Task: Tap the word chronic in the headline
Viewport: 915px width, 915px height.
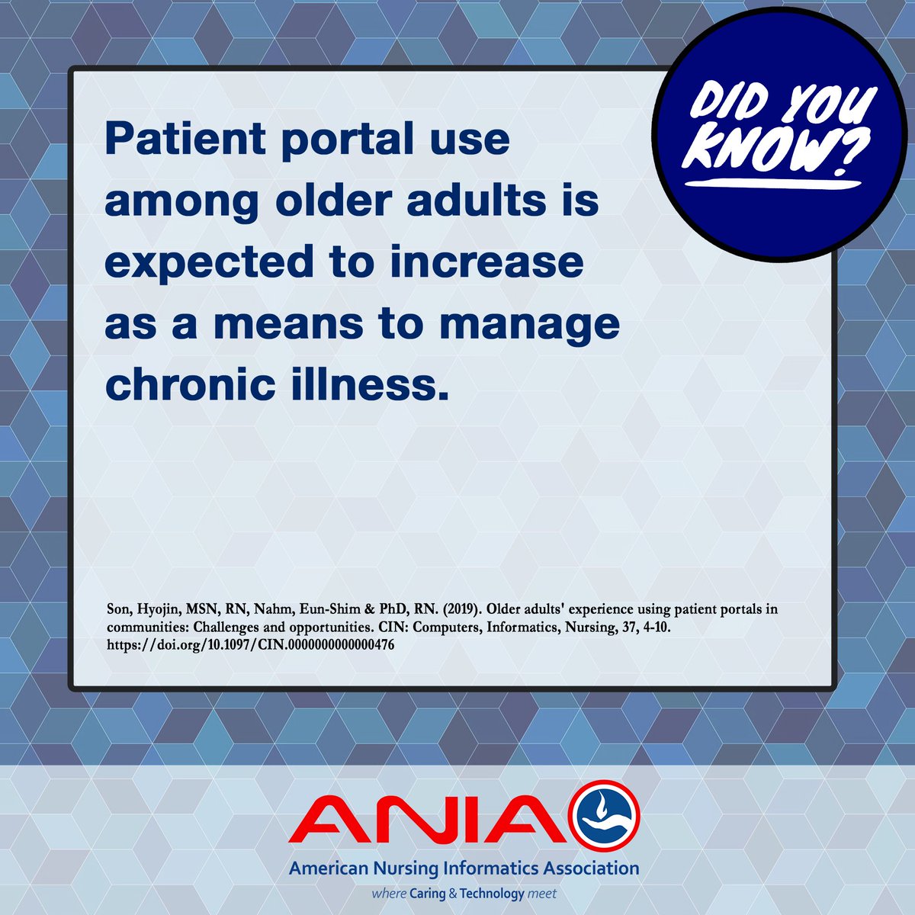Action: tap(188, 384)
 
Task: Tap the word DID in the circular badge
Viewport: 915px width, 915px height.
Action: tap(728, 104)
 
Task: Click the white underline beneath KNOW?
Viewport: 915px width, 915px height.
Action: tap(769, 184)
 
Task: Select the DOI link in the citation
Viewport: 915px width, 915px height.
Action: tap(251, 644)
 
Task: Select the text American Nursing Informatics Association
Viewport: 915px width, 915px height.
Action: tap(463, 868)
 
